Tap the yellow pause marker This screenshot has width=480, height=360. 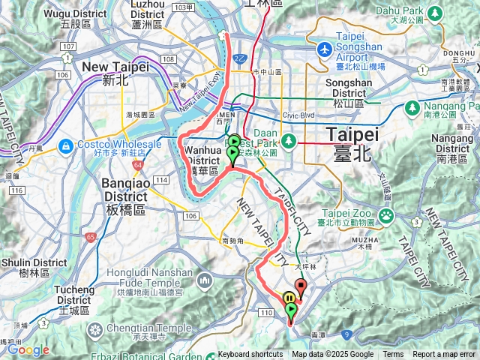point(289,298)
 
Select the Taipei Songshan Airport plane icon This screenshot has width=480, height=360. point(324,49)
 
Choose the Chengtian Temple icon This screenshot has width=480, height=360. point(96,328)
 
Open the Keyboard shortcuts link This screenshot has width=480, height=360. point(250,354)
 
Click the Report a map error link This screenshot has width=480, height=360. point(444,354)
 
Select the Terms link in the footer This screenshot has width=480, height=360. point(393,354)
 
